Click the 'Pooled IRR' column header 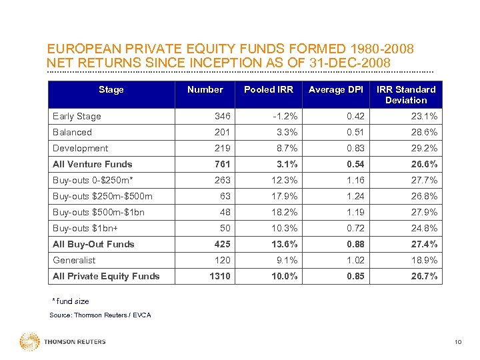click(269, 89)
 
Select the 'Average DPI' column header click(336, 89)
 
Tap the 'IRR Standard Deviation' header click(405, 95)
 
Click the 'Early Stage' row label click(77, 116)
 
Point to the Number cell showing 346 click(222, 116)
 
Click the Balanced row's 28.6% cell click(425, 132)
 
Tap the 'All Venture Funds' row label click(92, 164)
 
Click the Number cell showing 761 click(222, 164)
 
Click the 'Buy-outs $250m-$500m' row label click(103, 196)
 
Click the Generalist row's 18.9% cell click(425, 260)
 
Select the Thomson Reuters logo click(63, 342)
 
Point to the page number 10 click(457, 343)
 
